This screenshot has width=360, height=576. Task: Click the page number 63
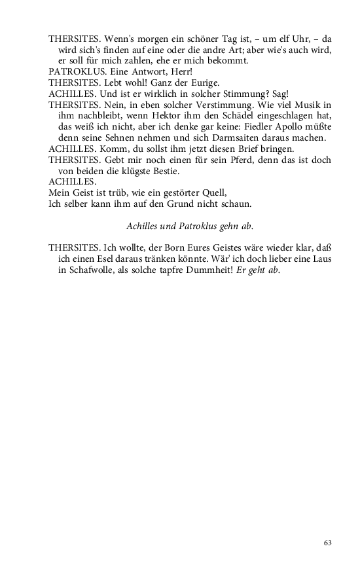click(328, 543)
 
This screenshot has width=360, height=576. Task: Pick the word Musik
click(304, 105)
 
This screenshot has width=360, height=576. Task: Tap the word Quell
click(213, 192)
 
